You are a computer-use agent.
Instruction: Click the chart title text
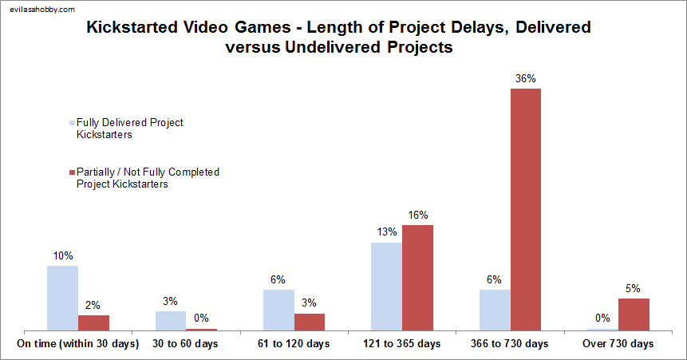tap(339, 38)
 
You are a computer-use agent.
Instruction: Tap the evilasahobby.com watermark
tap(41, 10)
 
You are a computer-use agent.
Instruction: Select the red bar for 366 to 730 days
tap(525, 209)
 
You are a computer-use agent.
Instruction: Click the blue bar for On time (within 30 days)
tap(62, 298)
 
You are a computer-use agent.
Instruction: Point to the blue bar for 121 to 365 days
tap(386, 286)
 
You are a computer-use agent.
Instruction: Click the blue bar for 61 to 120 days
tap(278, 310)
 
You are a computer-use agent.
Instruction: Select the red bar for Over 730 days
tap(634, 314)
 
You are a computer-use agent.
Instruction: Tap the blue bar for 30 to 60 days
tap(170, 320)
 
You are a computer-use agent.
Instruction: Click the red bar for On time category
tap(93, 322)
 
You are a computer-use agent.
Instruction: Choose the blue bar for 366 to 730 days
tap(495, 310)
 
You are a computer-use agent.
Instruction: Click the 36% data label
tap(525, 78)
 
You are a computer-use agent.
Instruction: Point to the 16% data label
tap(417, 215)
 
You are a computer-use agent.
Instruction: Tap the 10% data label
tap(62, 255)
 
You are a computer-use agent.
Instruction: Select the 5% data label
tap(634, 288)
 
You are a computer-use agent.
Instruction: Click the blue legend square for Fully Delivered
tap(72, 123)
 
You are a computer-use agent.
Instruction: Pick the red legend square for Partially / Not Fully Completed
tap(72, 172)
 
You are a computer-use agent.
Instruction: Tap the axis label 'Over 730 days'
tap(618, 344)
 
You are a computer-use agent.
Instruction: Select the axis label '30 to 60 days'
tap(186, 344)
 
